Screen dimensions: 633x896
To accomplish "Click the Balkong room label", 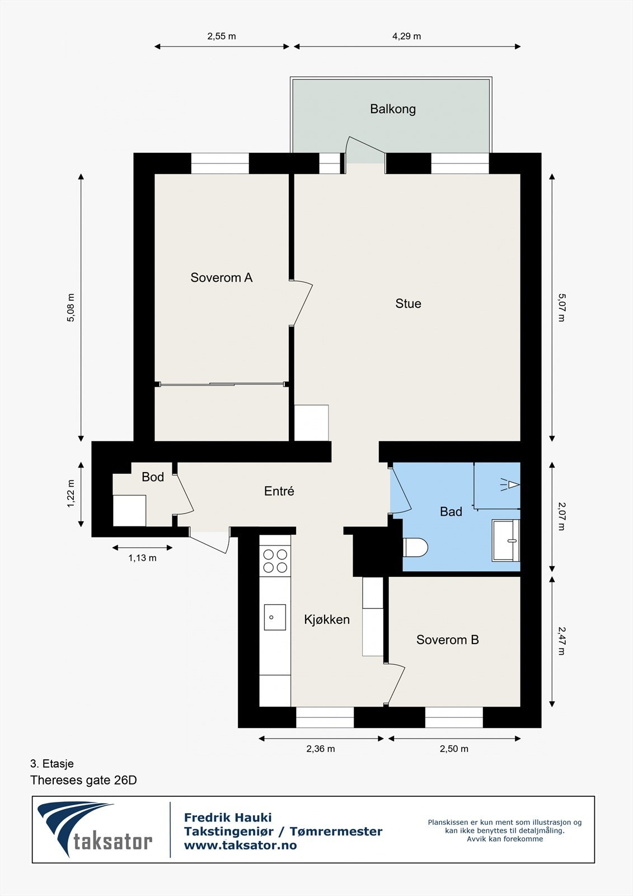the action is [x=393, y=109].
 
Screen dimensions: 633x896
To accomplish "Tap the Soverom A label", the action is [x=221, y=278].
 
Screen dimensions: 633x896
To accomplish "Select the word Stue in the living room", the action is [x=408, y=304].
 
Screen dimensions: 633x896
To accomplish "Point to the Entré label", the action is [x=279, y=491].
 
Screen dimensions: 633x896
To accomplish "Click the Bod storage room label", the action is [x=153, y=477].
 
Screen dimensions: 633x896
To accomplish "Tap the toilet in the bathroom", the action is [x=415, y=547].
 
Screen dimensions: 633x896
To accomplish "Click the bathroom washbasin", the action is [x=506, y=540].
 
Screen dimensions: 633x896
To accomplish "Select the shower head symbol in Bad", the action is [x=510, y=485].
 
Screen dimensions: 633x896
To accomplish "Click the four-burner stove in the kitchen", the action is [x=275, y=561].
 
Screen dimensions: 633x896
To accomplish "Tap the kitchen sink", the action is [x=275, y=617].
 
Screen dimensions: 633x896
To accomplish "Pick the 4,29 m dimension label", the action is [x=406, y=36].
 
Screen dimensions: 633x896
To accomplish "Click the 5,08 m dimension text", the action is [x=71, y=307].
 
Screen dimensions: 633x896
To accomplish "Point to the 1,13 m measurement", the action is [x=142, y=558].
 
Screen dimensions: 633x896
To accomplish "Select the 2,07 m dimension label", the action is [x=561, y=517].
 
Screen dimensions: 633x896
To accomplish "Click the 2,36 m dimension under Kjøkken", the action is [x=321, y=749].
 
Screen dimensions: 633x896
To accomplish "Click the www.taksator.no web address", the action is [x=240, y=845].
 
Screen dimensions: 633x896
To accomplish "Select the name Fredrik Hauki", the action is [x=228, y=817].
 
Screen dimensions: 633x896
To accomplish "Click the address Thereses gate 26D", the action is [x=83, y=781].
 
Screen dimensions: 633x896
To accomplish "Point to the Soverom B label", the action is [x=447, y=640].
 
